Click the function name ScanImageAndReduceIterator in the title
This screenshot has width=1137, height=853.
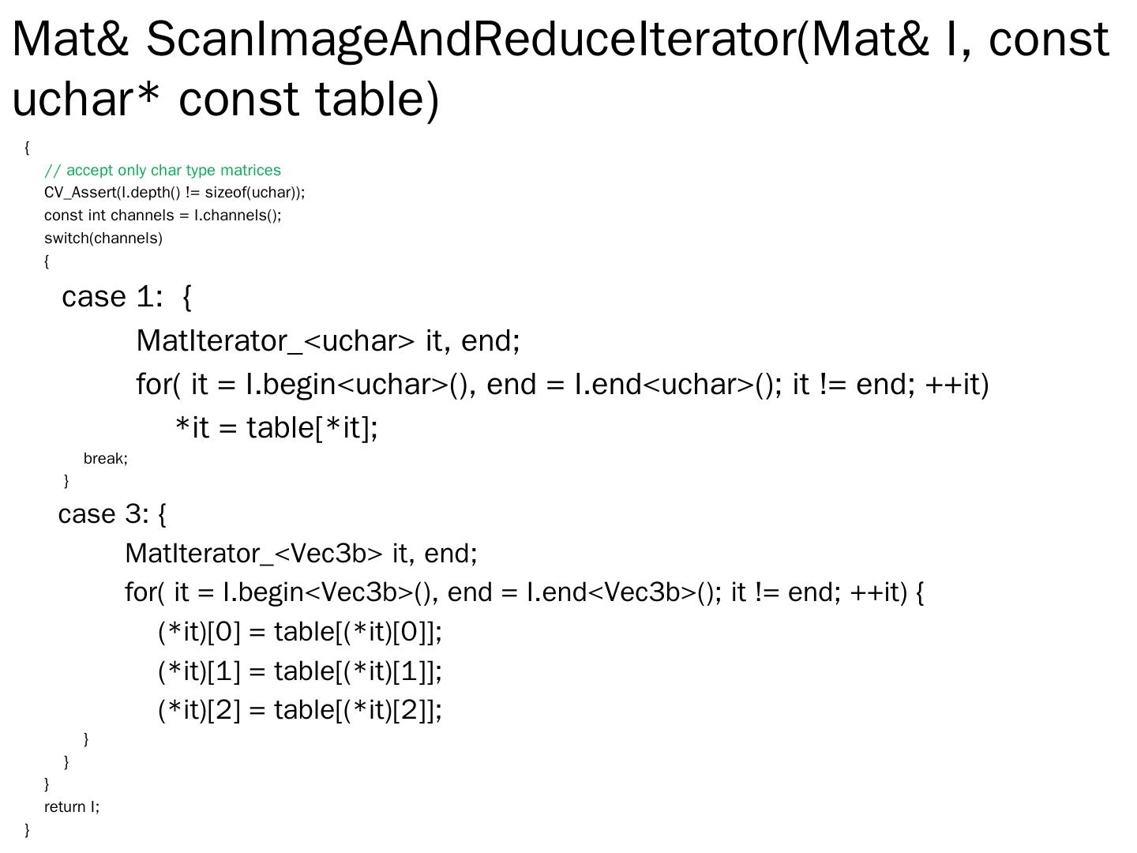(471, 39)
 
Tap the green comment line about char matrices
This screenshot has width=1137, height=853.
(163, 171)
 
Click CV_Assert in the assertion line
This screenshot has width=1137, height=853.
(80, 193)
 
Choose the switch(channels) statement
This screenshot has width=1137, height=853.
(103, 239)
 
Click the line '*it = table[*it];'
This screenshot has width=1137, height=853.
(276, 428)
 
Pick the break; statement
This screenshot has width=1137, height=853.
(106, 459)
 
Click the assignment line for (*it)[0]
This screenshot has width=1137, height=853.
(300, 632)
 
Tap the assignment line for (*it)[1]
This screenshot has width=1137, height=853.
(300, 671)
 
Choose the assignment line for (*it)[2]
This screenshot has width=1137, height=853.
(300, 710)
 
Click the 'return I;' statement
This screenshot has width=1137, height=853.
(72, 807)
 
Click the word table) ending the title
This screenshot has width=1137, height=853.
(376, 100)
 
